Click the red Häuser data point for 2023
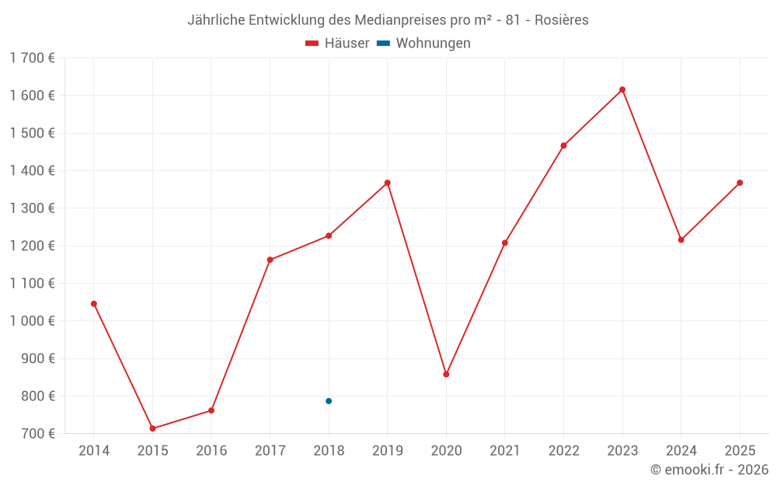[622, 89]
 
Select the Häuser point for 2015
[152, 428]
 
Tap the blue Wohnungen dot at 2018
[329, 401]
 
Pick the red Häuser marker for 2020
[446, 374]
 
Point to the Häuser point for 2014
[94, 303]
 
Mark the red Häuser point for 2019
[387, 183]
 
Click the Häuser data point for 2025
[740, 183]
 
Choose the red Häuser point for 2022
[563, 145]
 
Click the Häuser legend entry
[337, 44]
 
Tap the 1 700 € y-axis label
[33, 58]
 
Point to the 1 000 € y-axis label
[33, 321]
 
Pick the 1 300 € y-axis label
[33, 208]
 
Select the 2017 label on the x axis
[270, 451]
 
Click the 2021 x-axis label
[505, 451]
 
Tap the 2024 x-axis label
[681, 451]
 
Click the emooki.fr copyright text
[709, 470]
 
